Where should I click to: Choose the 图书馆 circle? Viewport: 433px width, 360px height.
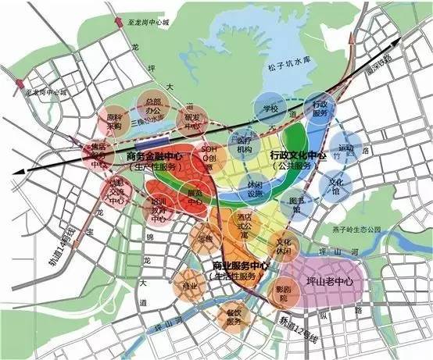pos(295,205)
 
